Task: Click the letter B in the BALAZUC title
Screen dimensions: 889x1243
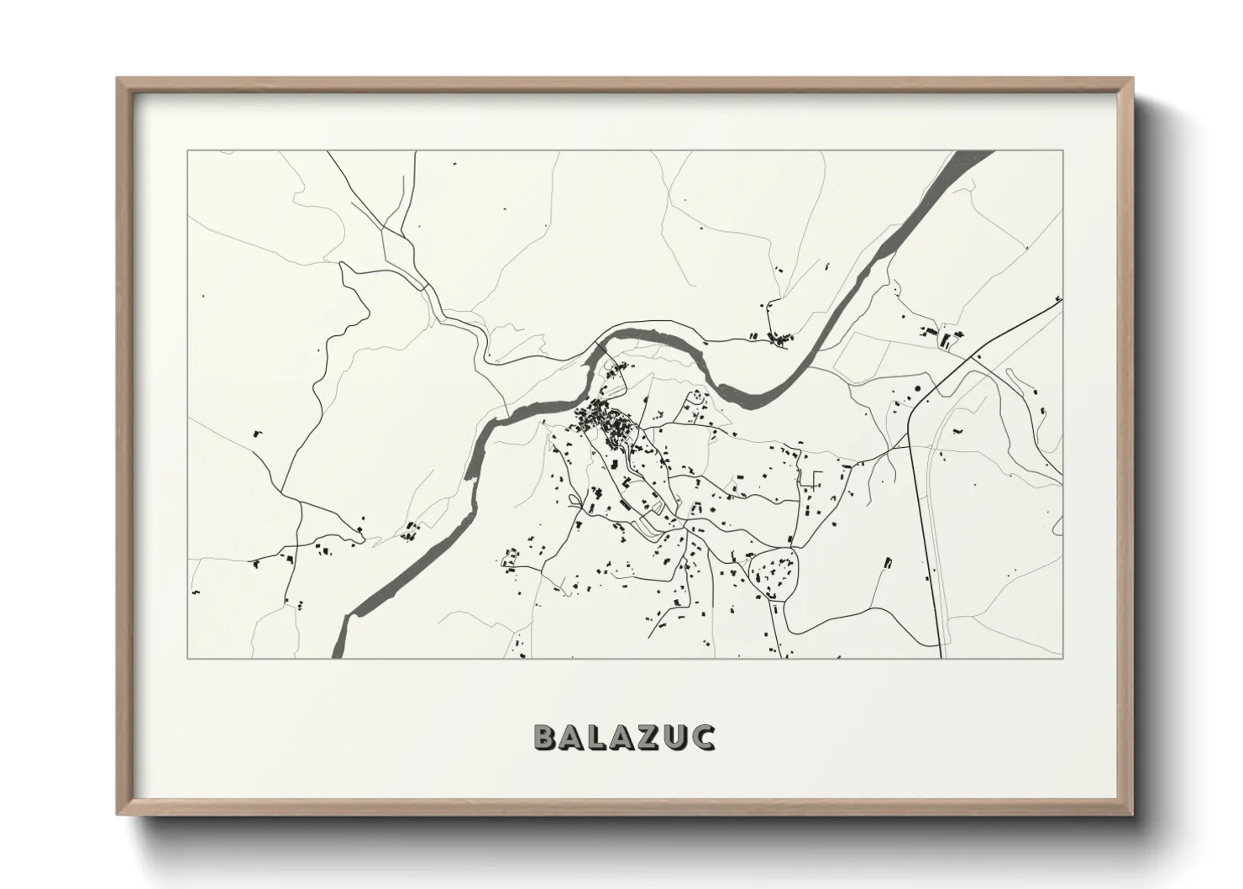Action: pyautogui.click(x=546, y=737)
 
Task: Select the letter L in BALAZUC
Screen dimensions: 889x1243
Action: pyautogui.click(x=596, y=737)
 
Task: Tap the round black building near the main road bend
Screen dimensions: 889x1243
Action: pyautogui.click(x=916, y=387)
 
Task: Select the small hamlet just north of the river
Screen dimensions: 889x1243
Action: pyautogui.click(x=778, y=339)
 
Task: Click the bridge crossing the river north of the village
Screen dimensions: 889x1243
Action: pyautogui.click(x=600, y=346)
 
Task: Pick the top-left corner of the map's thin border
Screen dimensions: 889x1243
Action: pyautogui.click(x=187, y=151)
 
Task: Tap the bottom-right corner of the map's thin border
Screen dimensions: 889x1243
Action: pyautogui.click(x=1063, y=658)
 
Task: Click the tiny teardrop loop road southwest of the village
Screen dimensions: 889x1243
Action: pyautogui.click(x=574, y=500)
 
